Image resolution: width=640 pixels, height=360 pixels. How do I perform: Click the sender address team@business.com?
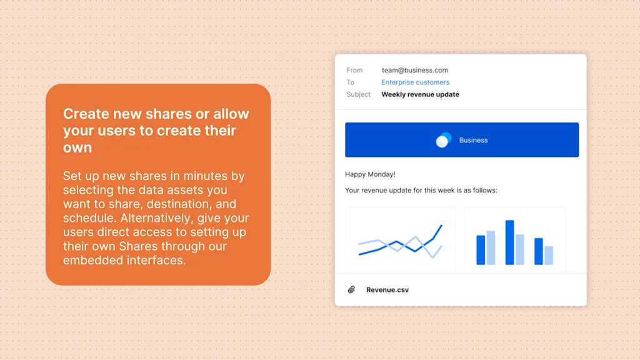[415, 70]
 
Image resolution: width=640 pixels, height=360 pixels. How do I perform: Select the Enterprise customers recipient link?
[415, 82]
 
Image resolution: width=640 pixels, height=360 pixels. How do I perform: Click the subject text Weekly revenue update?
[420, 94]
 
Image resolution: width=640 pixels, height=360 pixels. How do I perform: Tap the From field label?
[354, 70]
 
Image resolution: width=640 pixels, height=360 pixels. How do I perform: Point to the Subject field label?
[358, 94]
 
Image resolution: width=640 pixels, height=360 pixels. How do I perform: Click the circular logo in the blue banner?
[443, 139]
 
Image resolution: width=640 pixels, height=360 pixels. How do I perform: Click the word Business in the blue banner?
[473, 140]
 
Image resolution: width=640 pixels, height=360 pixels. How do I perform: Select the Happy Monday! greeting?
[370, 174]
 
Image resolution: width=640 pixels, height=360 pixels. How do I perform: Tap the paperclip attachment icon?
[351, 289]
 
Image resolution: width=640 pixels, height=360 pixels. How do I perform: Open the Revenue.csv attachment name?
[387, 290]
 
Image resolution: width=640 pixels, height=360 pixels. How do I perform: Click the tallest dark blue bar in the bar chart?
[509, 242]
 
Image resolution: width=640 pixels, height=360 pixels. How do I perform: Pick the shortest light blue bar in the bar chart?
[549, 255]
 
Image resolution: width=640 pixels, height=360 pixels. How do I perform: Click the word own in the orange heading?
[77, 147]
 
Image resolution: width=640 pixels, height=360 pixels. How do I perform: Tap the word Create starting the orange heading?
[86, 114]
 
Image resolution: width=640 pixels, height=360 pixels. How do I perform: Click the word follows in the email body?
[485, 190]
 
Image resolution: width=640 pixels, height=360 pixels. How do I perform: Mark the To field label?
[350, 82]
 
